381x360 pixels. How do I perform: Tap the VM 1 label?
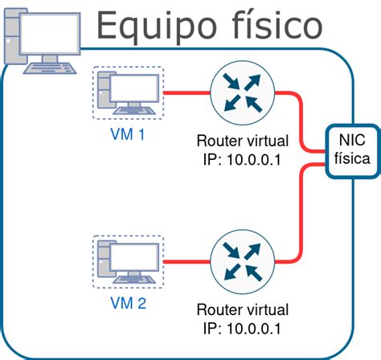(x=127, y=134)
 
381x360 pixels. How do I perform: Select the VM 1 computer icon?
(x=128, y=92)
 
